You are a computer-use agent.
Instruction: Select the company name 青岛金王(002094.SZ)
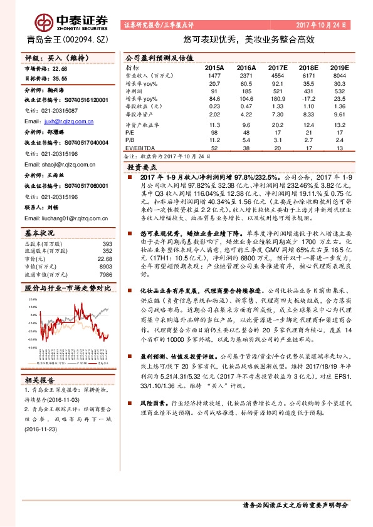click(61, 39)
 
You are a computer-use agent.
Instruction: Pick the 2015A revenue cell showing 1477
click(215, 74)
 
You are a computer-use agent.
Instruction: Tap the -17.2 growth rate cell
click(308, 99)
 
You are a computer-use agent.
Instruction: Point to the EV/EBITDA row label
click(139, 148)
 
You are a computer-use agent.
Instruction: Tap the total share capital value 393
click(107, 243)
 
